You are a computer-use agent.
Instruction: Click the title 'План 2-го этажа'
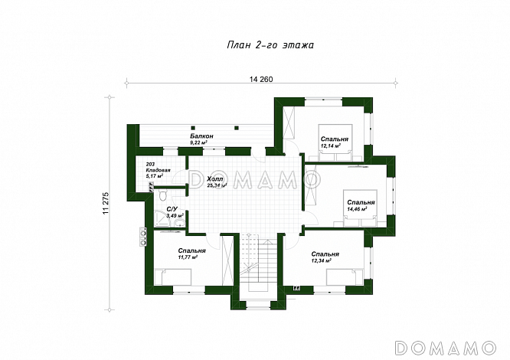point(270,45)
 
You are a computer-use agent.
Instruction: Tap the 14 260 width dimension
point(261,80)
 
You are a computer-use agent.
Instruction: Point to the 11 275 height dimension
point(106,203)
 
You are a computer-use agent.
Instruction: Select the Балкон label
point(201,136)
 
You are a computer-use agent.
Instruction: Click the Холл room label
point(215,179)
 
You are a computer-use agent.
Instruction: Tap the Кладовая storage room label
point(159,170)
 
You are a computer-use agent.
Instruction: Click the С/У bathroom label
point(172,209)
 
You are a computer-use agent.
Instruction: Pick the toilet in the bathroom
point(162,195)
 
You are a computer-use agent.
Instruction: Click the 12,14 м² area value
point(331,146)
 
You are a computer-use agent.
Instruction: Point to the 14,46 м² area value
point(357,209)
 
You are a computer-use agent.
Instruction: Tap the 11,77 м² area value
point(188,257)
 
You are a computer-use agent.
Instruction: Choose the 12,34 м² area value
point(322,260)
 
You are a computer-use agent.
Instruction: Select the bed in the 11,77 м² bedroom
point(173,277)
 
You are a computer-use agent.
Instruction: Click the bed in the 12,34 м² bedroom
point(345,277)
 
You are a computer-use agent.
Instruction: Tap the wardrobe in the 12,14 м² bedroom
point(289,123)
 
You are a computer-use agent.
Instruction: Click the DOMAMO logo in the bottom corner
point(445,348)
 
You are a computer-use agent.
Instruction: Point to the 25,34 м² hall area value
point(217,185)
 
